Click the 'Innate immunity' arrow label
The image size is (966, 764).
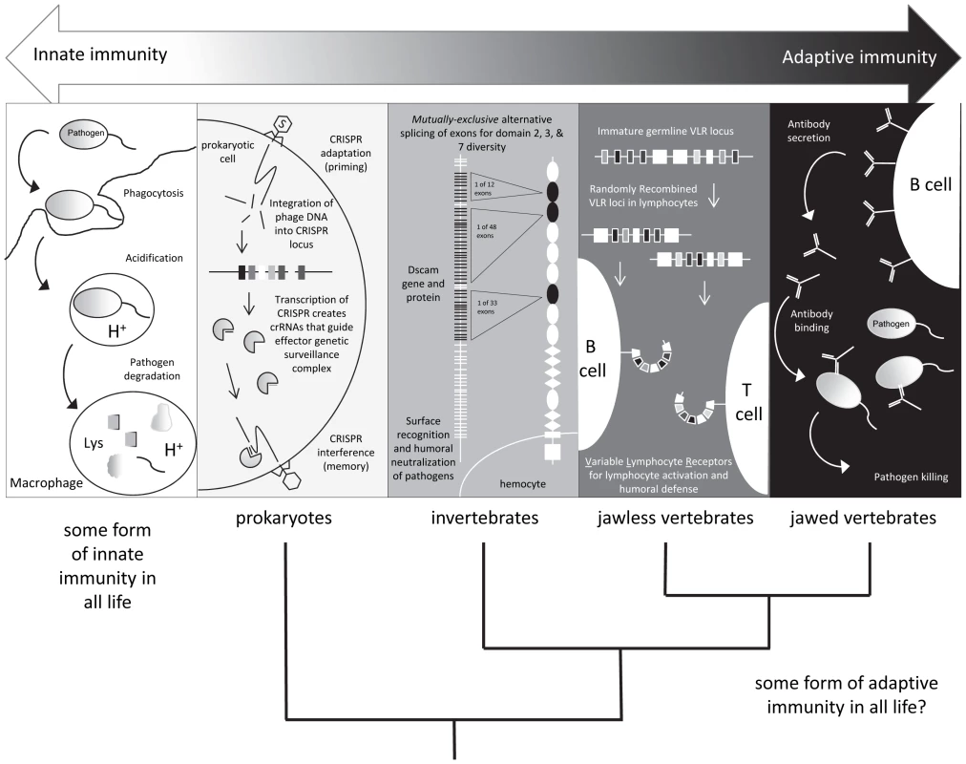click(x=100, y=54)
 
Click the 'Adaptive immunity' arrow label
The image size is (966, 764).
click(x=859, y=58)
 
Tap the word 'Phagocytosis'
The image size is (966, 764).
click(x=154, y=194)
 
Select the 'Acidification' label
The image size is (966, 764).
click(x=154, y=258)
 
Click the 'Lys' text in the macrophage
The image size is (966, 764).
click(x=94, y=444)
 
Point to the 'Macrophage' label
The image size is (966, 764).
click(x=46, y=482)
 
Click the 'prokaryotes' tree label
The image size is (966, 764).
click(x=284, y=518)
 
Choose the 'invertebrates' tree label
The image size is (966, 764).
click(x=485, y=518)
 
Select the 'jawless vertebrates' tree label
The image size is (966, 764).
click(x=675, y=518)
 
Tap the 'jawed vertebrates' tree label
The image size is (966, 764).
click(x=863, y=518)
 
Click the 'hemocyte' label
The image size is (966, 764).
click(x=522, y=484)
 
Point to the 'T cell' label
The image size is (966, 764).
click(x=748, y=402)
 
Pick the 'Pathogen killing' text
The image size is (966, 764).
click(x=911, y=477)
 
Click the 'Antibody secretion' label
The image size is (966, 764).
click(x=808, y=131)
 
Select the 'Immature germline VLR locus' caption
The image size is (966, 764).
click(x=665, y=131)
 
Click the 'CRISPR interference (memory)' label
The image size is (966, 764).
click(x=346, y=453)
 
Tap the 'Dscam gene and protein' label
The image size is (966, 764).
click(x=423, y=284)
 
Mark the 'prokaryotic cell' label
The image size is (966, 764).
click(x=227, y=152)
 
